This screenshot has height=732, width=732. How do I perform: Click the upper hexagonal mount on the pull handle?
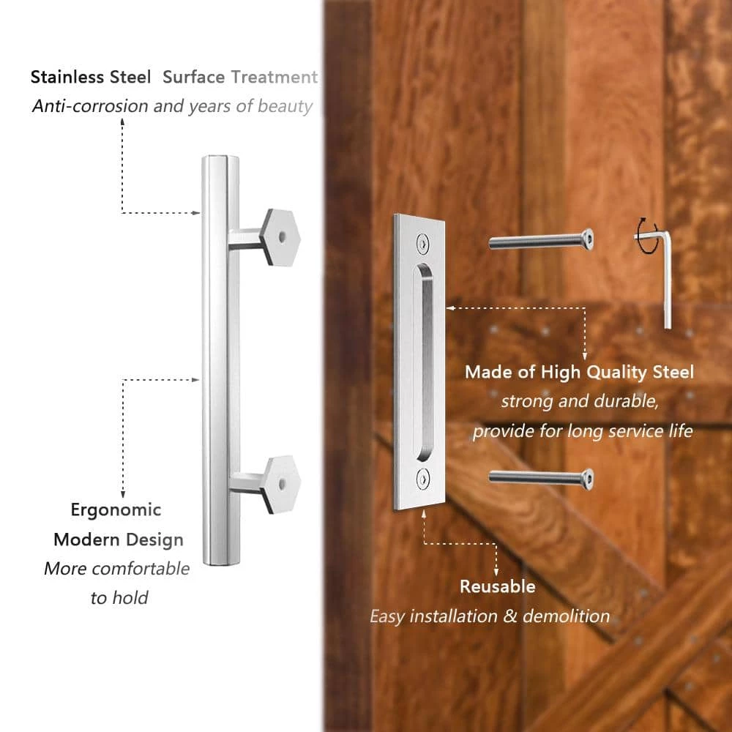tap(282, 237)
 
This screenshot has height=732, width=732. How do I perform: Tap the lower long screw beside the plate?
tap(541, 477)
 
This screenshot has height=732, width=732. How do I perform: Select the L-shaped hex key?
tap(666, 274)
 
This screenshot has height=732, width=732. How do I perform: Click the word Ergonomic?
tap(116, 509)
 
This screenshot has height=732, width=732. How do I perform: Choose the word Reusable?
tap(497, 586)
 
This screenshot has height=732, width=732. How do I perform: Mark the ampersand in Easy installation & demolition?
tap(510, 616)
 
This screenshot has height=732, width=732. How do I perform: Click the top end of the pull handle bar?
tap(220, 160)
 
